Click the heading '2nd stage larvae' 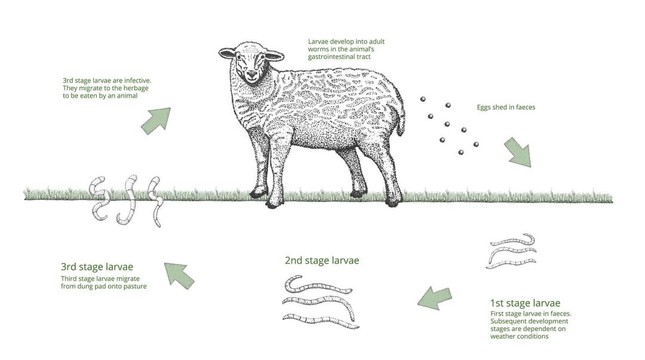point(321,260)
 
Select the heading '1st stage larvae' point(524,303)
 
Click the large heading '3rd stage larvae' point(97,267)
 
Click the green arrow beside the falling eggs point(517,152)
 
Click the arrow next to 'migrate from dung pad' point(179,276)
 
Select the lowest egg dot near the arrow point(461,152)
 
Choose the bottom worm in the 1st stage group point(511,262)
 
